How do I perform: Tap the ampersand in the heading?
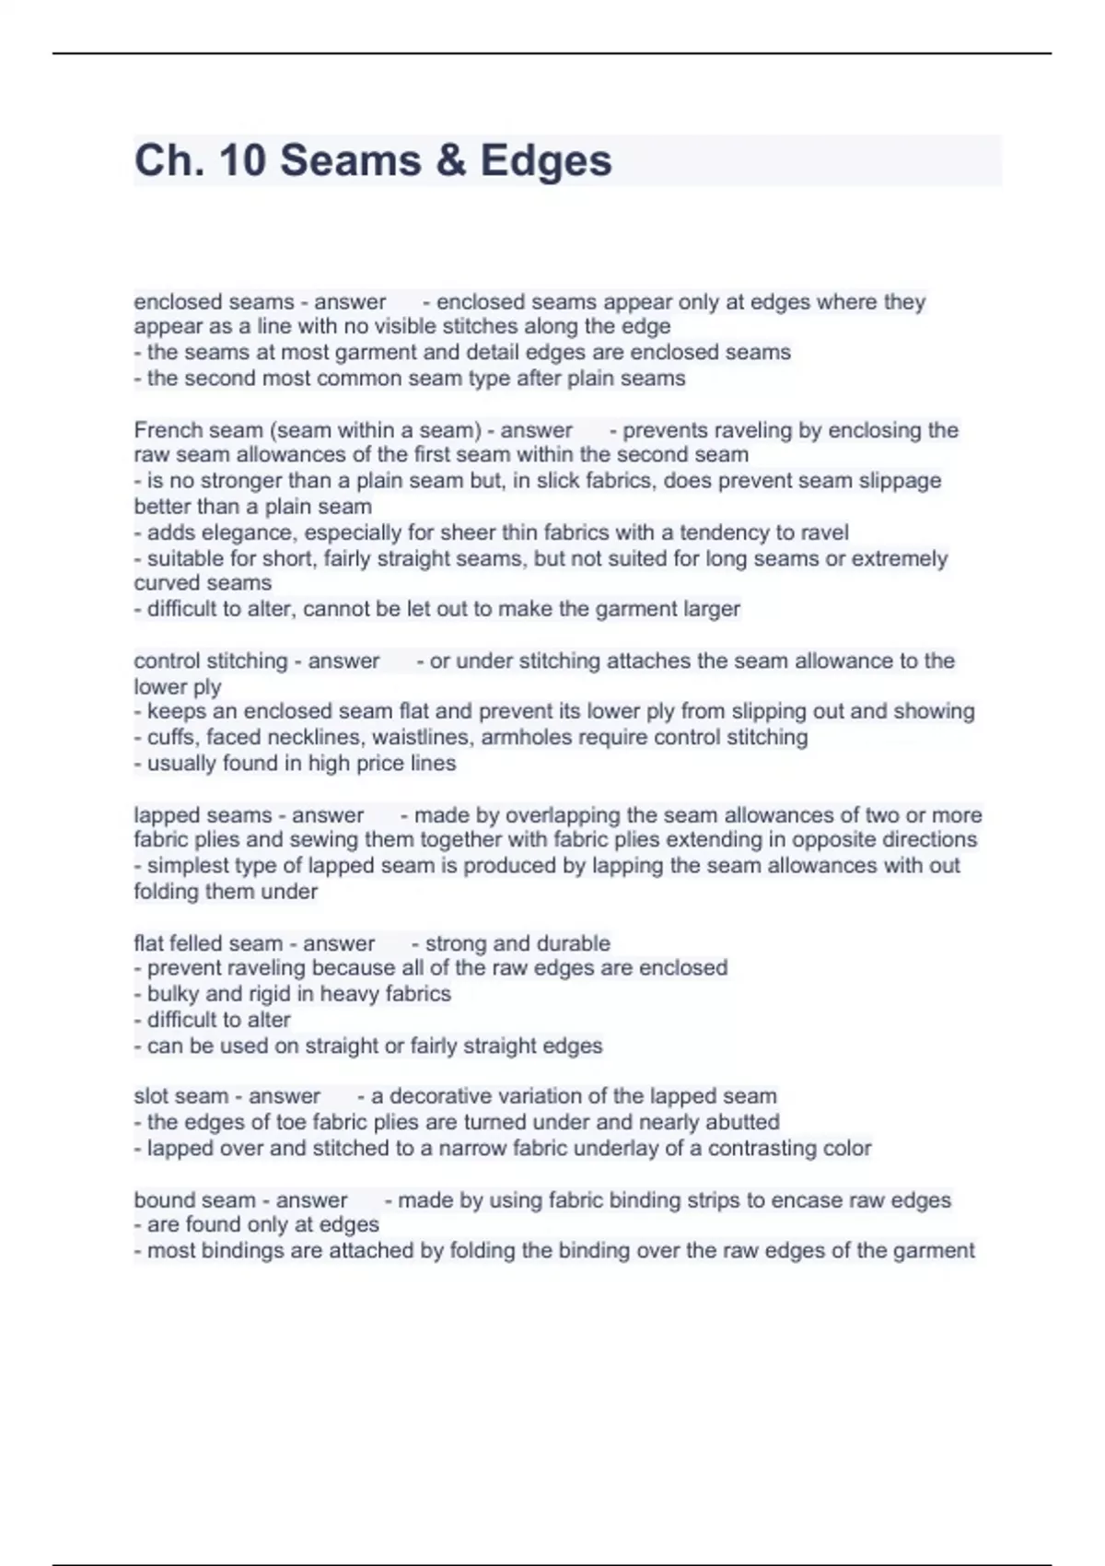click(448, 160)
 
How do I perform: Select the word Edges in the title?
click(546, 160)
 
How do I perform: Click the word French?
click(165, 430)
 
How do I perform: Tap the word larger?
click(707, 609)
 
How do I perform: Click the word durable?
click(570, 943)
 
